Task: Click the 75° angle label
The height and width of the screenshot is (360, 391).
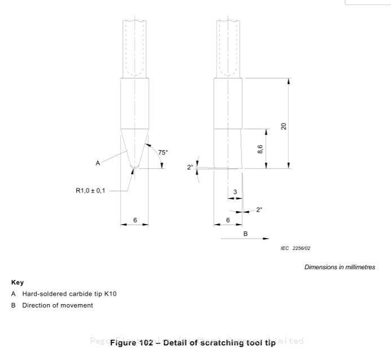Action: (162, 152)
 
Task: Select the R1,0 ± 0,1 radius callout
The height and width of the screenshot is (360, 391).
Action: (90, 191)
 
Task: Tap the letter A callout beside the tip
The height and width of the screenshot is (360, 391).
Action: (98, 163)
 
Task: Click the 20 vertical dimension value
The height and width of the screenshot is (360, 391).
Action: (284, 126)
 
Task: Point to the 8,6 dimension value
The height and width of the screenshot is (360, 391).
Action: (260, 149)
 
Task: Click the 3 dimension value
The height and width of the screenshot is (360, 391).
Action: (235, 192)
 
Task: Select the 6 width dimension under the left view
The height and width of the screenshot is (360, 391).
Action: (135, 220)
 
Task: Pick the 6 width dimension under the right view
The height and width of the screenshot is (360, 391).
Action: (228, 220)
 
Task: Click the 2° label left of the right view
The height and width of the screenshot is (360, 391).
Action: (190, 167)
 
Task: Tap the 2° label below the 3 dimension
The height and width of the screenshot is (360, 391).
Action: (259, 210)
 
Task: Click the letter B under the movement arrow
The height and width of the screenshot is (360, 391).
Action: (245, 233)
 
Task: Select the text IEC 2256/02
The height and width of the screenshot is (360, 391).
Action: (296, 248)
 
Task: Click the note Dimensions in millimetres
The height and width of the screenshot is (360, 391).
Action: (340, 267)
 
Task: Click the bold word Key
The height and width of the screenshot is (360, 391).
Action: (17, 282)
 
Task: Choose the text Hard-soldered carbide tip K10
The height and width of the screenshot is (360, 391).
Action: (69, 293)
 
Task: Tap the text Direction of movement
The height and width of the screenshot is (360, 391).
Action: (58, 305)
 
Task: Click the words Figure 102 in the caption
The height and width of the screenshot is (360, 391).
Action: (131, 343)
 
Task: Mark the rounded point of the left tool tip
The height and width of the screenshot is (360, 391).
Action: (135, 166)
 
